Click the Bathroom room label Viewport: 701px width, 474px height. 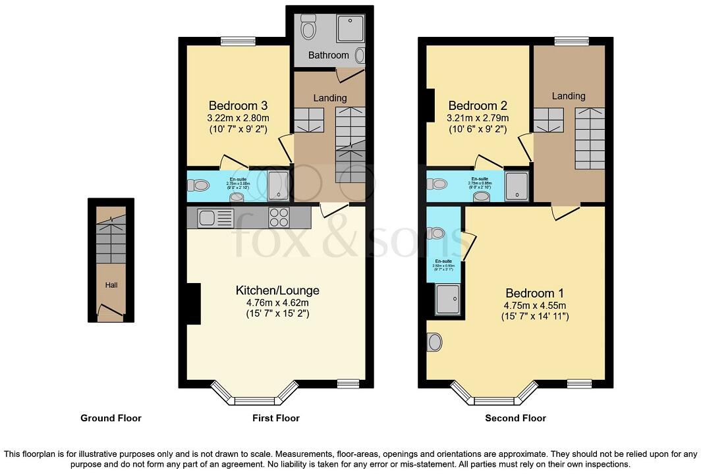(x=328, y=55)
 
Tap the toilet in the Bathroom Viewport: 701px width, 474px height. (x=308, y=29)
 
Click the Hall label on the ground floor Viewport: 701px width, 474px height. (x=111, y=285)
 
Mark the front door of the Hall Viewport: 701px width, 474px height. (x=111, y=311)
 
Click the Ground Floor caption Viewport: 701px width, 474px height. (x=111, y=418)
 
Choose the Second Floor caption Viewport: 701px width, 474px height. (x=515, y=418)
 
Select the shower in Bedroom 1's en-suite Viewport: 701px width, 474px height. (x=449, y=300)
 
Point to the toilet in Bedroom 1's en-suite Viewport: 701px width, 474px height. (x=435, y=233)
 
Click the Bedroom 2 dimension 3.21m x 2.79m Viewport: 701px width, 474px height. (x=478, y=118)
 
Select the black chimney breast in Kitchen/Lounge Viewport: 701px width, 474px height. (x=193, y=303)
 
